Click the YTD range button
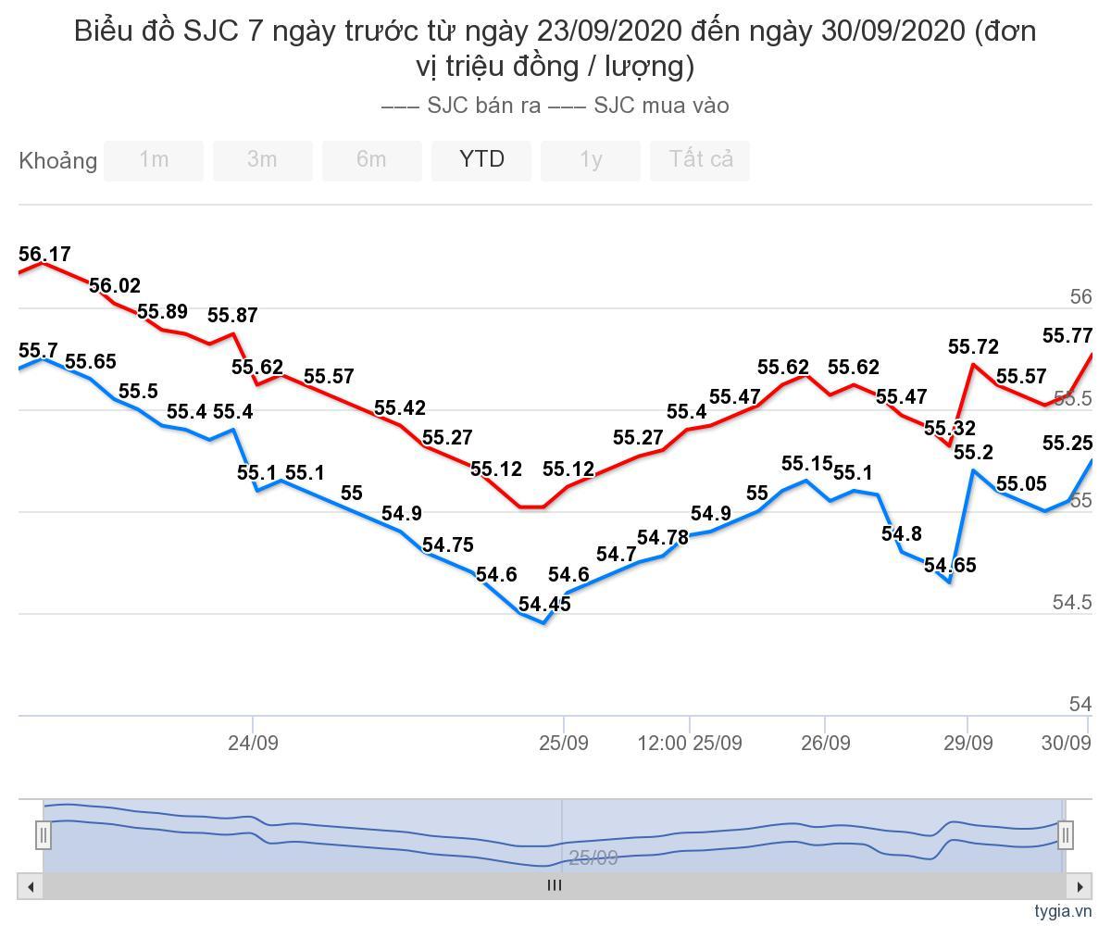pyautogui.click(x=481, y=160)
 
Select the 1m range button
pyautogui.click(x=154, y=160)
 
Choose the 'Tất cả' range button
pyautogui.click(x=701, y=160)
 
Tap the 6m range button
pyautogui.click(x=371, y=160)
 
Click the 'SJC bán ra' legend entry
pyautogui.click(x=463, y=106)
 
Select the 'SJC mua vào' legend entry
pyautogui.click(x=640, y=106)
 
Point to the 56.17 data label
pyautogui.click(x=44, y=255)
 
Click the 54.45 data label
pyautogui.click(x=544, y=605)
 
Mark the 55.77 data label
pyautogui.click(x=1067, y=336)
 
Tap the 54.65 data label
pyautogui.click(x=950, y=566)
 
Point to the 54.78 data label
pyautogui.click(x=663, y=538)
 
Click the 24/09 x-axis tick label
pyautogui.click(x=253, y=743)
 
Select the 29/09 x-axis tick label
pyautogui.click(x=967, y=743)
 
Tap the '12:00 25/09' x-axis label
pyautogui.click(x=690, y=743)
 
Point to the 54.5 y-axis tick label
pyautogui.click(x=1072, y=603)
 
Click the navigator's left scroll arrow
pyautogui.click(x=31, y=886)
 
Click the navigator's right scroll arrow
pyautogui.click(x=1080, y=886)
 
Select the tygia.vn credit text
pyautogui.click(x=1064, y=911)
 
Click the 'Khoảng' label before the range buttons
pyautogui.click(x=57, y=161)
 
